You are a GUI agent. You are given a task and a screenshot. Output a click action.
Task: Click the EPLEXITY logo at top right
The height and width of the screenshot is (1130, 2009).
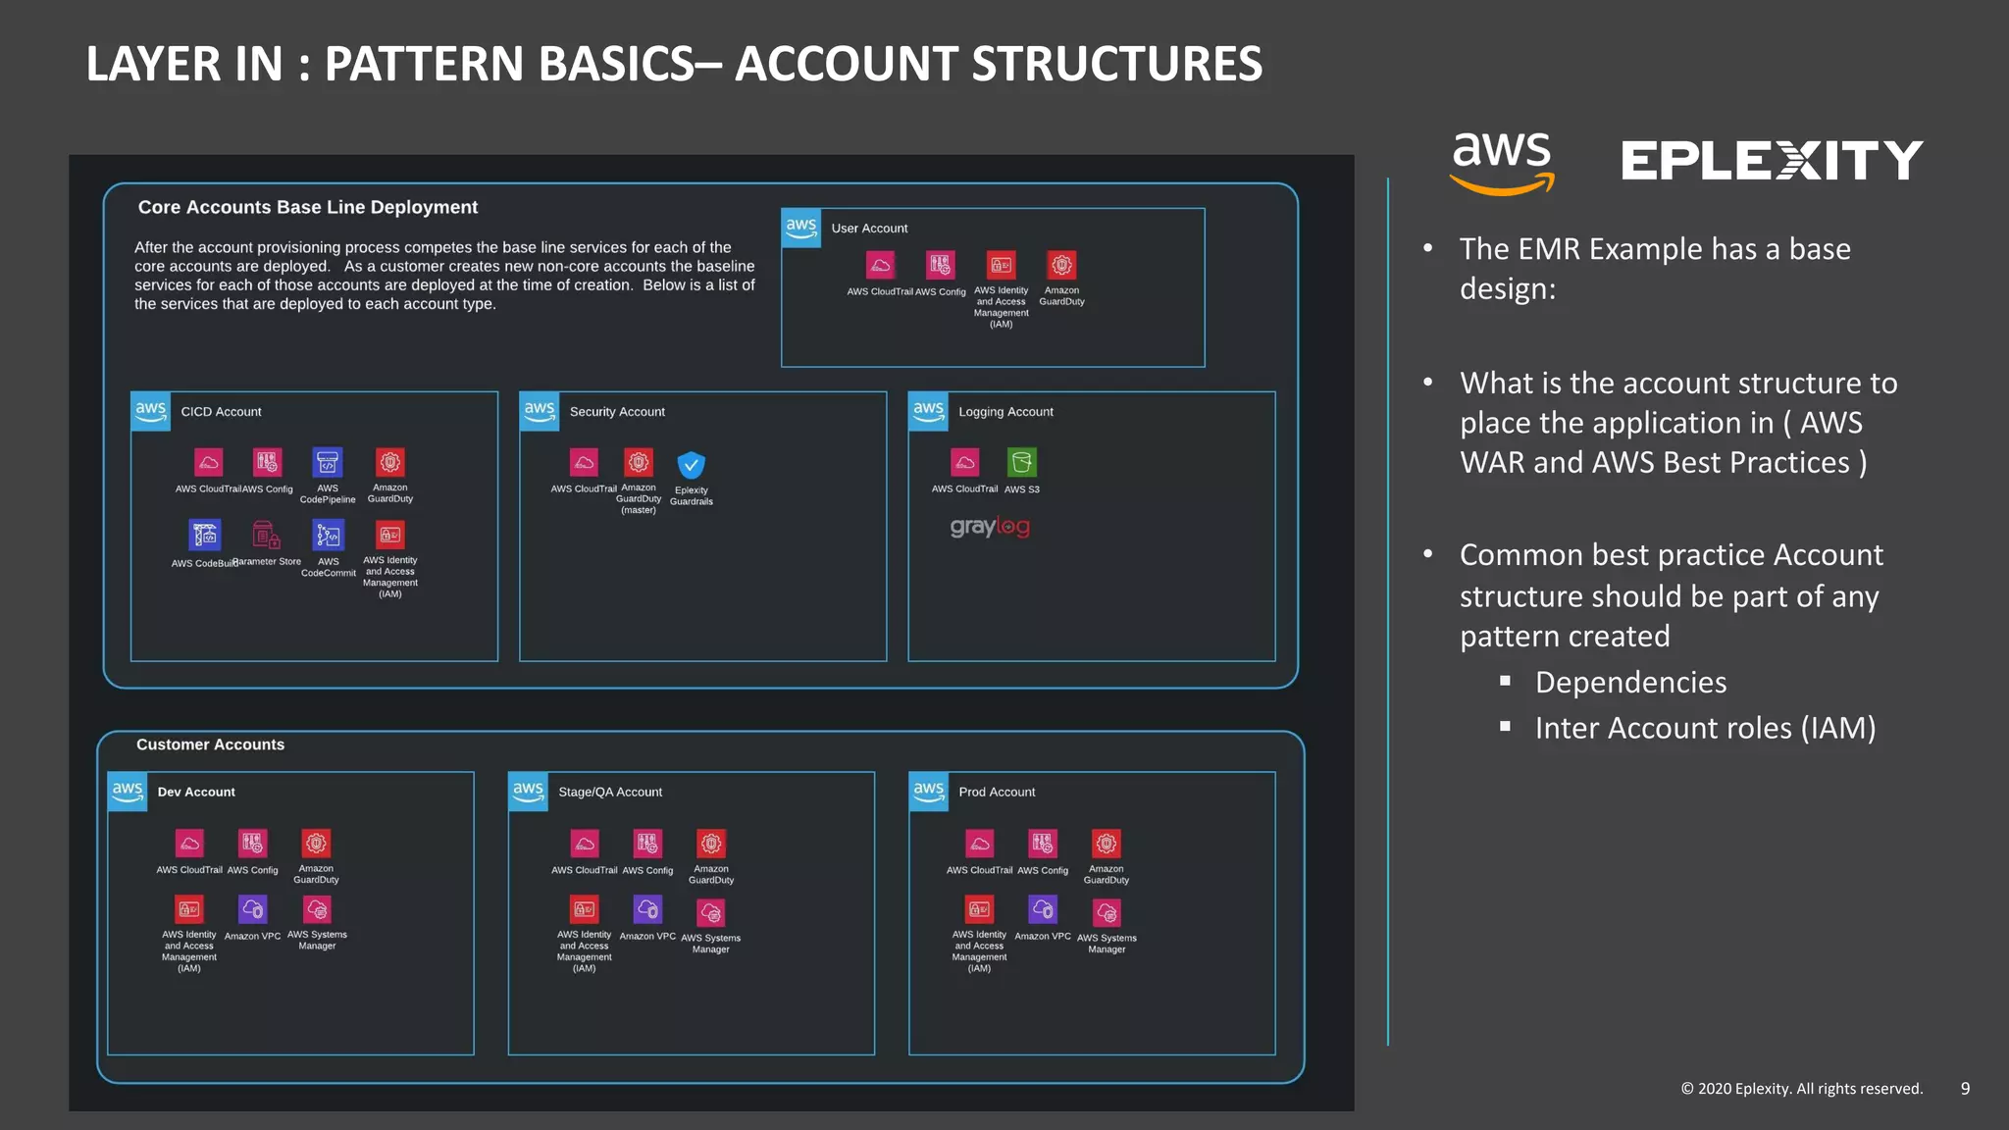click(1772, 161)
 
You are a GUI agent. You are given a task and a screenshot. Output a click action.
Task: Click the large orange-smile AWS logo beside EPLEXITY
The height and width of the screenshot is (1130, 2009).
click(1502, 163)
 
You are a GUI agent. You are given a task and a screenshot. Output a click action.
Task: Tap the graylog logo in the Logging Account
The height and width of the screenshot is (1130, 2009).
click(989, 527)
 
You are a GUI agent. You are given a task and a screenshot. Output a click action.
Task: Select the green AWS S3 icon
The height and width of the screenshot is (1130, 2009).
click(1021, 462)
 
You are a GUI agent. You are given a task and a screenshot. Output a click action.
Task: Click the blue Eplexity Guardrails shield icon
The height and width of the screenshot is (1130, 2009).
click(691, 464)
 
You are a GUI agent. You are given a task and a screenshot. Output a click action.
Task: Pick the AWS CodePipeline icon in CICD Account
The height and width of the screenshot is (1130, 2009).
click(328, 462)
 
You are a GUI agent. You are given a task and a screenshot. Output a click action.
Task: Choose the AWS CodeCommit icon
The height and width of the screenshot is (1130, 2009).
click(328, 536)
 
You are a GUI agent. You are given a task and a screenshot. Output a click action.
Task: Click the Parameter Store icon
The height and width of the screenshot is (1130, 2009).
click(266, 536)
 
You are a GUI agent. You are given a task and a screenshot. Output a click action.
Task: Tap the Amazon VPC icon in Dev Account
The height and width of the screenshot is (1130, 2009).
click(252, 909)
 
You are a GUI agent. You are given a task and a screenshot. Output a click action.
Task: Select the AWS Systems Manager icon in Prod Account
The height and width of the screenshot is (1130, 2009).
click(1107, 913)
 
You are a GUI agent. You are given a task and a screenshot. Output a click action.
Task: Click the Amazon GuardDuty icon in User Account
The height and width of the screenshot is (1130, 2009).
click(1061, 265)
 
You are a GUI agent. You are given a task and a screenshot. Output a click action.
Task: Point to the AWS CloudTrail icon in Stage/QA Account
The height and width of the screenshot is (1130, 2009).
click(585, 844)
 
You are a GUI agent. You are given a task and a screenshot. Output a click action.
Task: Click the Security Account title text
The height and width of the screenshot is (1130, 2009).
click(617, 412)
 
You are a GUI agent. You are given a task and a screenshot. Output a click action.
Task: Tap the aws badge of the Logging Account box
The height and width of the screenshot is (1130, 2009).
click(928, 411)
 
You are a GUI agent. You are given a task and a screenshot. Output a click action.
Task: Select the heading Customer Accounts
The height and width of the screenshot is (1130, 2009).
click(210, 745)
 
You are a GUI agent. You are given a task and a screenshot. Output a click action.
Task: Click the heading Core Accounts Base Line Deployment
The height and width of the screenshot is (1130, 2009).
click(307, 207)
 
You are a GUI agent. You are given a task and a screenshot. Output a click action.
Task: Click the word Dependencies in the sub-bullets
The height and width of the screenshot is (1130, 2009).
click(1630, 683)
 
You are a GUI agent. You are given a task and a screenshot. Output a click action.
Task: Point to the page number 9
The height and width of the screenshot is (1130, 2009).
click(1965, 1089)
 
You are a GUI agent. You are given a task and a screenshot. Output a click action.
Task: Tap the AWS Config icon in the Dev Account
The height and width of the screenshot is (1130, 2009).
click(252, 843)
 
